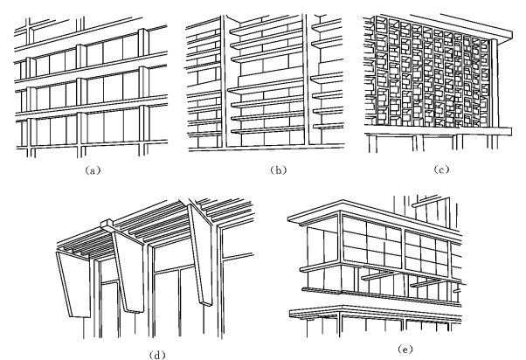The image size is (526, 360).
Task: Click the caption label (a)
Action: point(93,170)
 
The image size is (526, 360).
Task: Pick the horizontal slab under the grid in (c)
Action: point(437,132)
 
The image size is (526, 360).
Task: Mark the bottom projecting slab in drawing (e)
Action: point(376,312)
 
